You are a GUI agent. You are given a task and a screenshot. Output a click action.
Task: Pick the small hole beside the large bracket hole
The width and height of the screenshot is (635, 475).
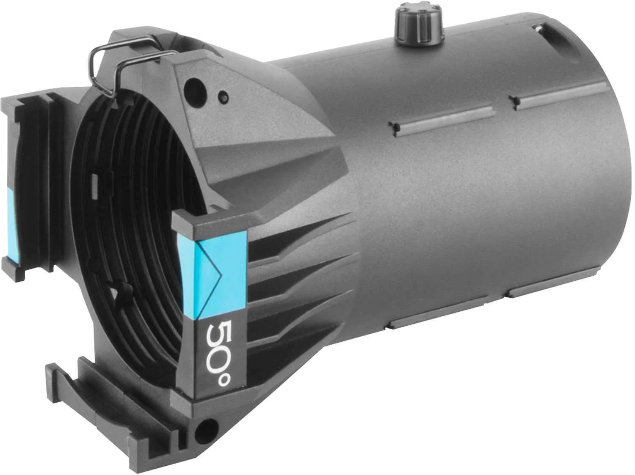[x=224, y=96]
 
